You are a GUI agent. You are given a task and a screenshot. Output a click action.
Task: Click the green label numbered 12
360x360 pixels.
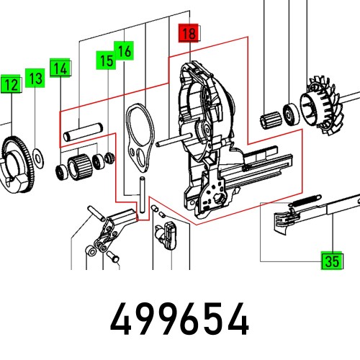click(x=11, y=85)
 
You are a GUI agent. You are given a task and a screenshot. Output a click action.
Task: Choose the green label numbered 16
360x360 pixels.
click(x=125, y=52)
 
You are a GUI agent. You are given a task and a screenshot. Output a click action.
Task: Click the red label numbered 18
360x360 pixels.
click(x=189, y=33)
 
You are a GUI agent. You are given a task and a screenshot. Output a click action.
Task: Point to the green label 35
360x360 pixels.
click(x=331, y=261)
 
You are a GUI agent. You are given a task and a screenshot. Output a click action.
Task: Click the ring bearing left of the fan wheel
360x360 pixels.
click(x=291, y=113)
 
